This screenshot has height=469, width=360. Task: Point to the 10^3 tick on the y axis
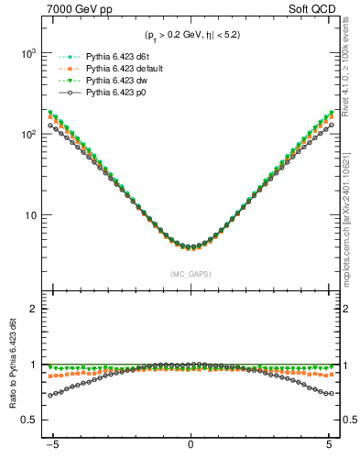pyautogui.click(x=27, y=53)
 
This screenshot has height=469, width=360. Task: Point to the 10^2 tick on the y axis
pyautogui.click(x=27, y=134)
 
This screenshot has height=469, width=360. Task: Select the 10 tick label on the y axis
pyautogui.click(x=31, y=215)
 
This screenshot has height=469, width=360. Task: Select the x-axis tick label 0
pyautogui.click(x=191, y=450)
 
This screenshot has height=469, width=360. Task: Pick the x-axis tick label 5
pyautogui.click(x=328, y=450)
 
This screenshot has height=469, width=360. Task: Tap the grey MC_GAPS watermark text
pyautogui.click(x=190, y=274)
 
